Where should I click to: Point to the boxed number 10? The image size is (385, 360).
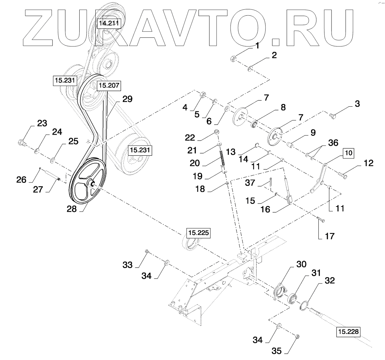349,153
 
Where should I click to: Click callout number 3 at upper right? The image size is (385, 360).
357,104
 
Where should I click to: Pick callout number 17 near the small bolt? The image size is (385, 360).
329,236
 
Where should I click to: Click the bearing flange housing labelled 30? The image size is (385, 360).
280,290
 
